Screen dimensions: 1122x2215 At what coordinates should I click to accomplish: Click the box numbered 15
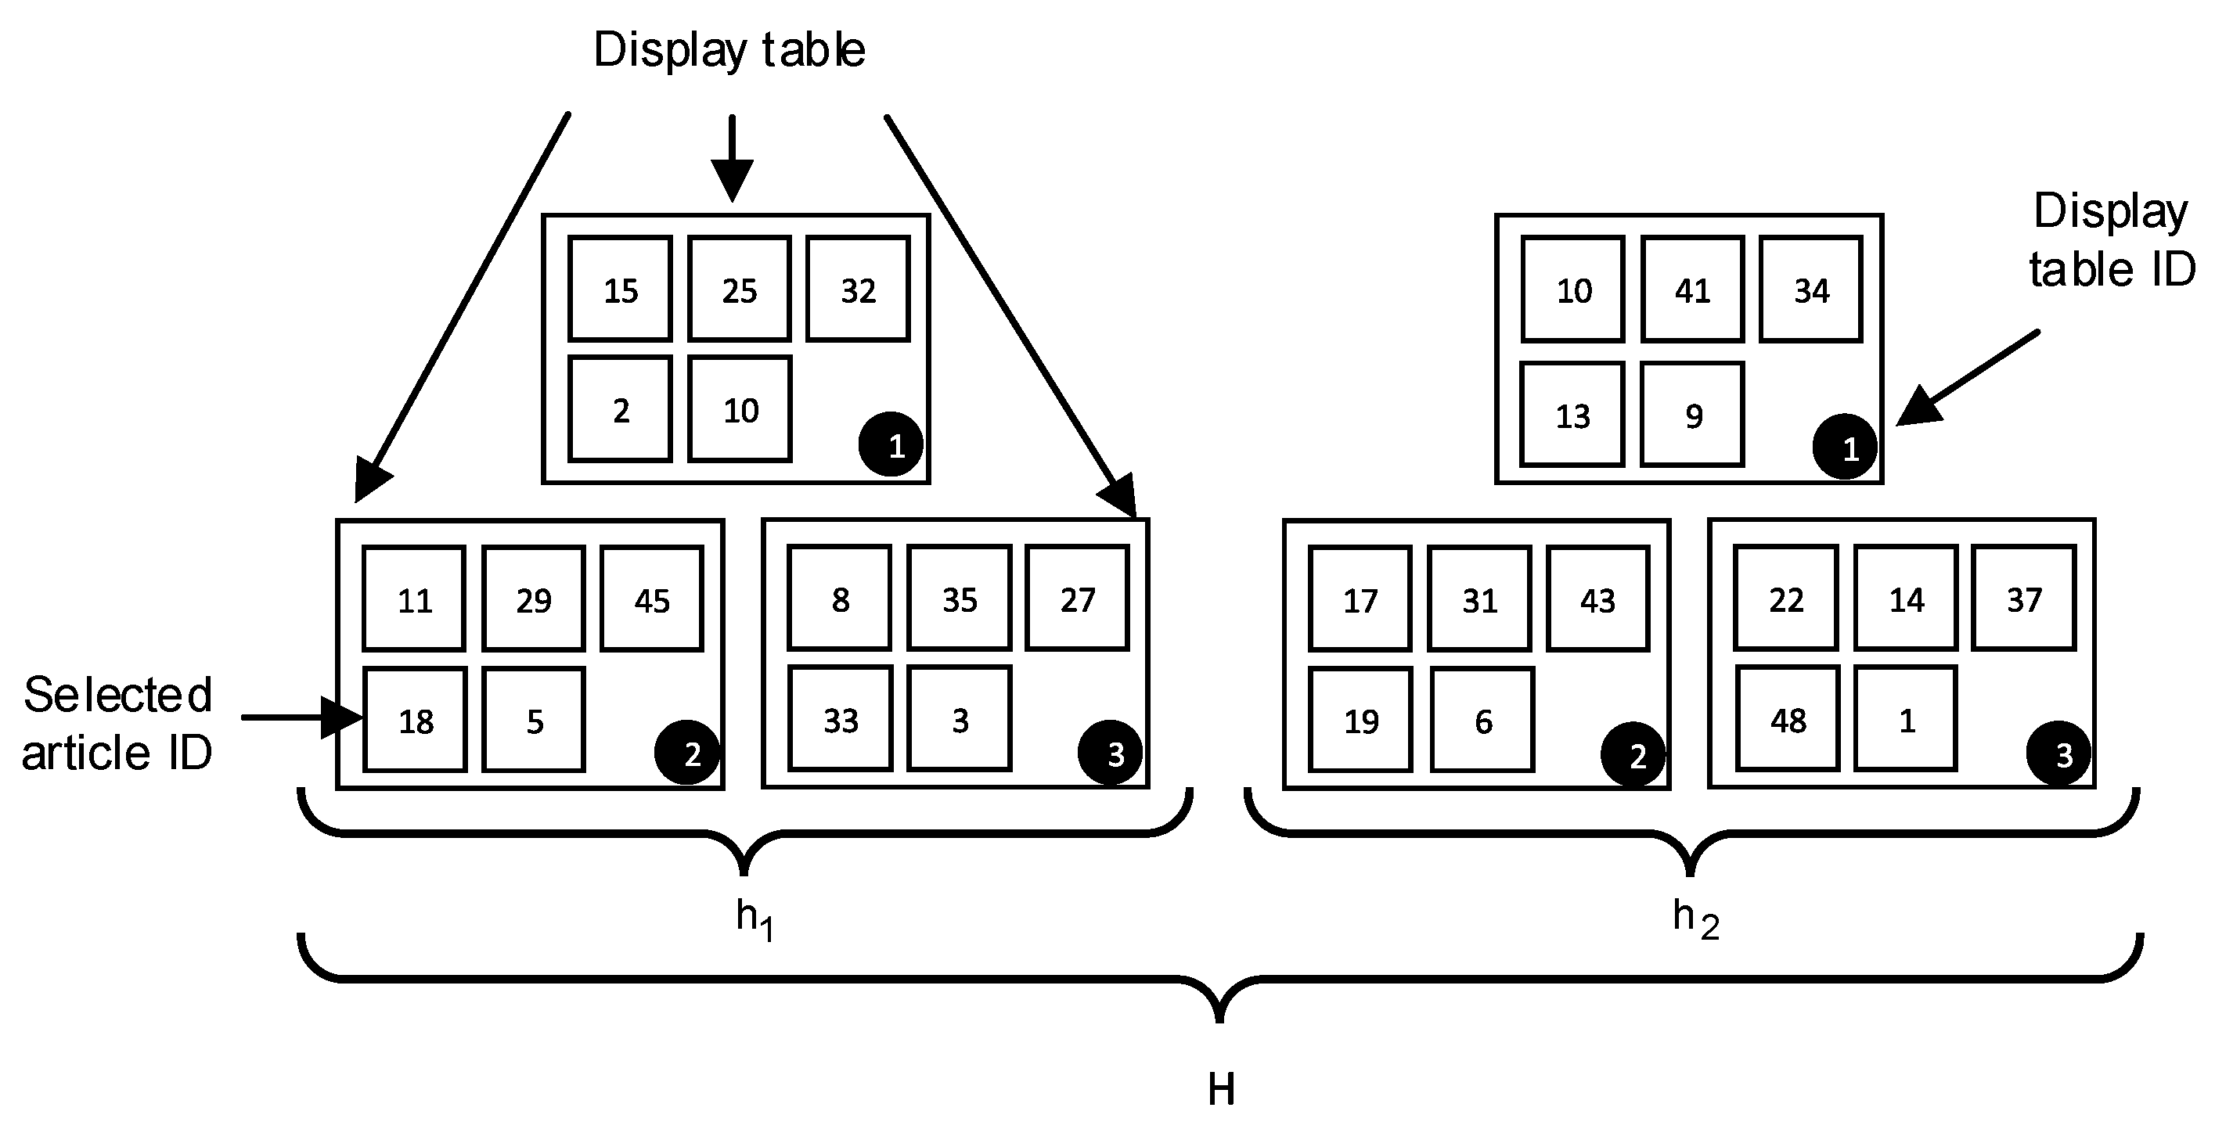pos(620,289)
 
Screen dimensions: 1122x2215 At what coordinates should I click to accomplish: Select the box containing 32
pos(857,289)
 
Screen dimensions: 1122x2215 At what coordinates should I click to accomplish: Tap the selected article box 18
pos(416,720)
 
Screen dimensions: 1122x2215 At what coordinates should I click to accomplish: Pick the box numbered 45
pos(652,599)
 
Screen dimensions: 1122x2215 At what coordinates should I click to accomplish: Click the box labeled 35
pos(959,599)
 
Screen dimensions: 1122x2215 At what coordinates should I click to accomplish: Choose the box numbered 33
pos(840,719)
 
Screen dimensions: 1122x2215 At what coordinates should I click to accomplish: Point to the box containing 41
pos(1692,289)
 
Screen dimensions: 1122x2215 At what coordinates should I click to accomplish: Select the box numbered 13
pos(1572,415)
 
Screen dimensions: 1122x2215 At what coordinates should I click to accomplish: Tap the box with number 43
pos(1597,599)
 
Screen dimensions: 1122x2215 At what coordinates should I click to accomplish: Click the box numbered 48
pos(1788,719)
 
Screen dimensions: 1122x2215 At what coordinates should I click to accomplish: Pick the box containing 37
pos(2023,599)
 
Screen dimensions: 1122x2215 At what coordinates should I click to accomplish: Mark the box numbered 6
pos(1482,721)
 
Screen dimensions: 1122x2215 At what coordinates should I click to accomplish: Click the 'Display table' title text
pos(729,50)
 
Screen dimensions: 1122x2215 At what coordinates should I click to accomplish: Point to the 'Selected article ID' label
pos(117,723)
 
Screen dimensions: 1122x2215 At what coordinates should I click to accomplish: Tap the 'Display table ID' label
pos(2111,240)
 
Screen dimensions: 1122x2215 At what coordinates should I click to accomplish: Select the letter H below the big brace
pos(1221,1089)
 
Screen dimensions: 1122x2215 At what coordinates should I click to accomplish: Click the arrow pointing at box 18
pos(301,717)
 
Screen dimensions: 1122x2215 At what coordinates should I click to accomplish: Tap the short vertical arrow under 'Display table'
pos(732,159)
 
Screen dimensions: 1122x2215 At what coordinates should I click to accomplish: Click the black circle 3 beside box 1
pos(2058,754)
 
